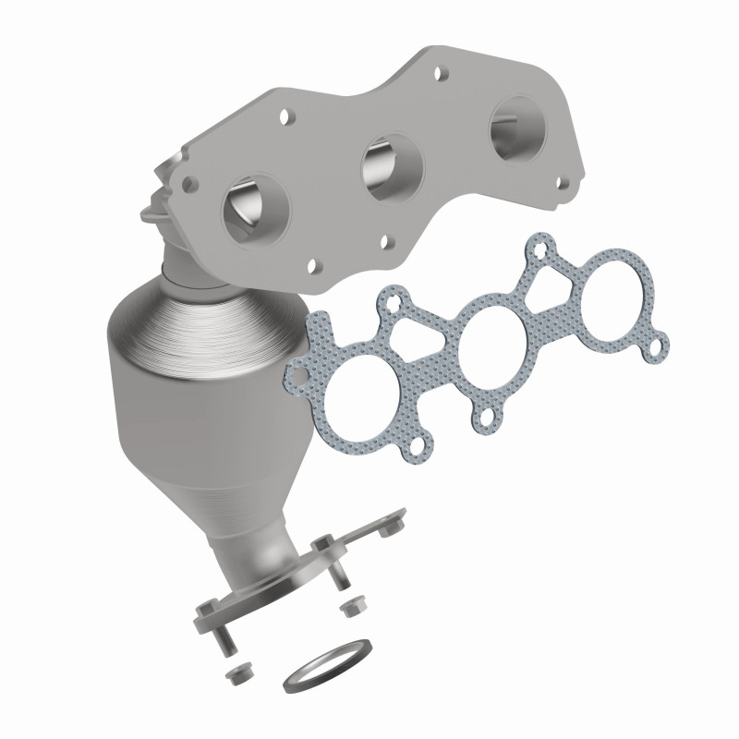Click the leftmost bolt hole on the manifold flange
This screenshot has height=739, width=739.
pos(193,183)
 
